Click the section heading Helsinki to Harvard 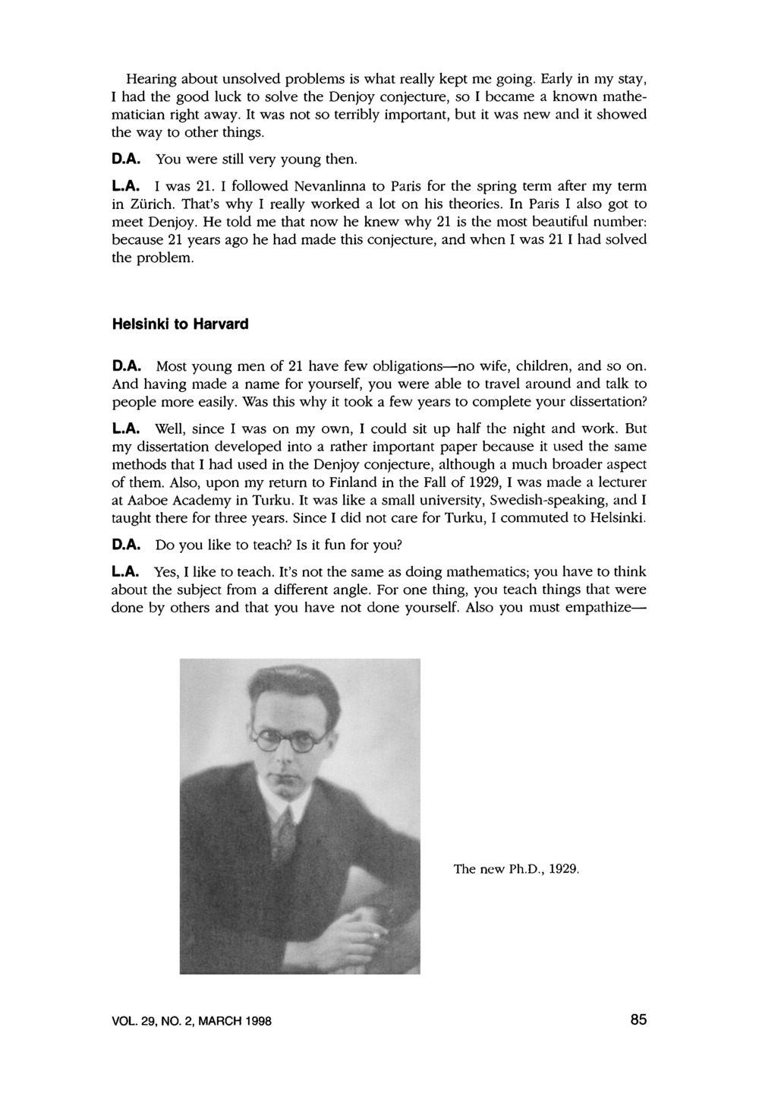coord(180,324)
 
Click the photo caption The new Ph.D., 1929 coord(516,868)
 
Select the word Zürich coord(151,204)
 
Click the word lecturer coord(622,482)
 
